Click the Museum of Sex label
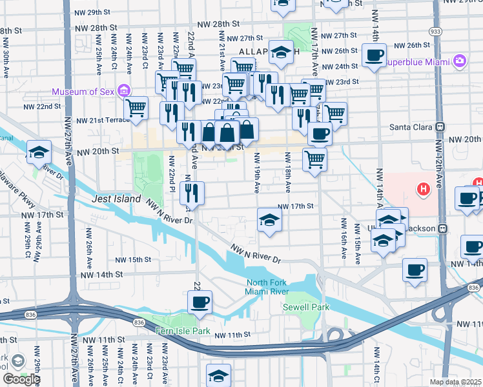pyautogui.click(x=84, y=92)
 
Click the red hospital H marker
pyautogui.click(x=423, y=190)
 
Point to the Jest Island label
pyautogui.click(x=116, y=199)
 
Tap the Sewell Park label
pyautogui.click(x=301, y=307)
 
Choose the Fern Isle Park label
pyautogui.click(x=183, y=331)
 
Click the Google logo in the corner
pyautogui.click(x=21, y=379)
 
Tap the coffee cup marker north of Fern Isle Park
pyautogui.click(x=200, y=301)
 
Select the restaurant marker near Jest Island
pyautogui.click(x=192, y=192)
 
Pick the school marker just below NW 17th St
pyautogui.click(x=269, y=220)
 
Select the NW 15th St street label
pyautogui.click(x=133, y=260)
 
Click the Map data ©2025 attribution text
pyautogui.click(x=456, y=382)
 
